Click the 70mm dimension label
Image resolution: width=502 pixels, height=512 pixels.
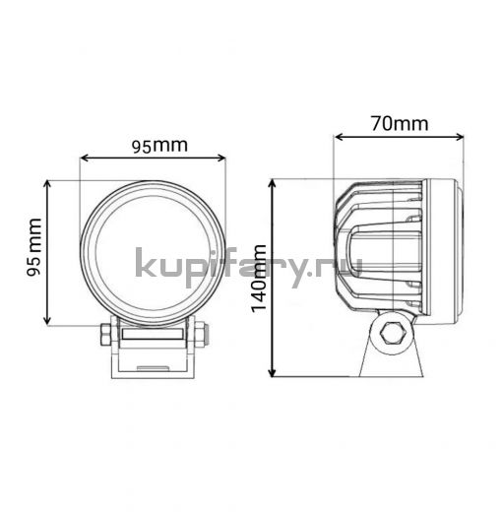click(x=400, y=123)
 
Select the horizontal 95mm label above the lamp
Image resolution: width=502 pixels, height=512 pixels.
click(x=159, y=146)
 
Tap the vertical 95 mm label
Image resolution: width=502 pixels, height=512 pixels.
click(x=33, y=247)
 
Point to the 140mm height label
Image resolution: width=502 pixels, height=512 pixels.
click(x=259, y=278)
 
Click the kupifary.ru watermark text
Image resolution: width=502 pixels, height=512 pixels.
click(x=249, y=267)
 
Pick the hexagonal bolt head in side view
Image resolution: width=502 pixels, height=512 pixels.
click(x=391, y=333)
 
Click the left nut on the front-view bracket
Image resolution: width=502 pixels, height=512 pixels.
click(x=106, y=334)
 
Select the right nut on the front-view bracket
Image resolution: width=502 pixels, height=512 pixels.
click(x=202, y=334)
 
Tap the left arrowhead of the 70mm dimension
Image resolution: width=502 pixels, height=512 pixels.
click(x=339, y=137)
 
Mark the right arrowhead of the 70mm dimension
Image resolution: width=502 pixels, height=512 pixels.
click(x=459, y=137)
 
